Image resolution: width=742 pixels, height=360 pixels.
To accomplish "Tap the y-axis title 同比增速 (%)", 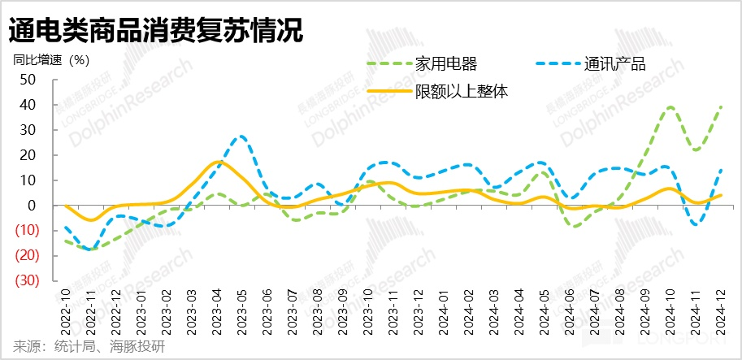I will [51, 59].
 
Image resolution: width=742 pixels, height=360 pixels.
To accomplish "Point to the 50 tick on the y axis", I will [28, 80].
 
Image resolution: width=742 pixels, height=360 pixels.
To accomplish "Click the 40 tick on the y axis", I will [28, 105].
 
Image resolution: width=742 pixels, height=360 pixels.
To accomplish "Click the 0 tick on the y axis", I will [33, 206].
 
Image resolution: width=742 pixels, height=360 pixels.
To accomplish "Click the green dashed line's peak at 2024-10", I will [670, 107].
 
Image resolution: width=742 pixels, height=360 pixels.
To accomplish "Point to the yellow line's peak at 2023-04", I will [216, 162].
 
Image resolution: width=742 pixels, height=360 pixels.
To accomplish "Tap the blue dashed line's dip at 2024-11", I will [696, 224].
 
